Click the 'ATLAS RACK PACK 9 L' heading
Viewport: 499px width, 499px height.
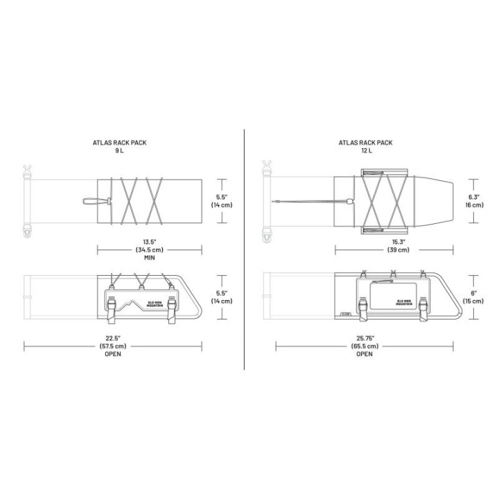pos(119,146)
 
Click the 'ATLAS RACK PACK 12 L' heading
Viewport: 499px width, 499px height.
pos(365,146)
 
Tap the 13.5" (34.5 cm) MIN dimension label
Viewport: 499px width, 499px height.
pos(149,249)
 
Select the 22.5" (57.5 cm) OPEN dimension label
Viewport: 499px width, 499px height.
pos(113,346)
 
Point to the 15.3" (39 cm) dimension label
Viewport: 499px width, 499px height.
pos(398,246)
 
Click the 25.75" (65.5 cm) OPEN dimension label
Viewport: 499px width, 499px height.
pos(365,346)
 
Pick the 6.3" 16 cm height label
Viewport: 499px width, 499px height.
pos(474,201)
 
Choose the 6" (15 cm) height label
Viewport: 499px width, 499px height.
pos(473,297)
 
